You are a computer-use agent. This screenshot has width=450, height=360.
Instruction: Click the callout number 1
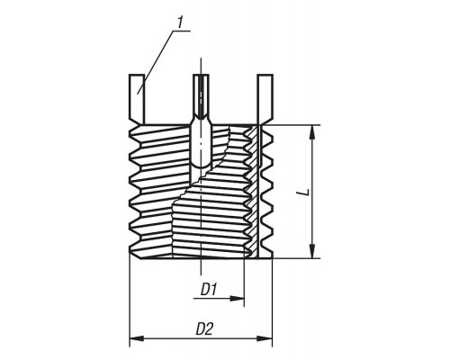click(180, 23)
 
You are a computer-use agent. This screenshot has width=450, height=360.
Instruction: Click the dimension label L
click(305, 192)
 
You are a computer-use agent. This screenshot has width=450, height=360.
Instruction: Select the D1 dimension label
click(209, 290)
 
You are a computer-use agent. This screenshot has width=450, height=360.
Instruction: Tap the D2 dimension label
click(204, 329)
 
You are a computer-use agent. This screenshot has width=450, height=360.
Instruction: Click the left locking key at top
click(137, 99)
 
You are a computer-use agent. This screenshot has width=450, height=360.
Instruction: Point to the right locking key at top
click(265, 99)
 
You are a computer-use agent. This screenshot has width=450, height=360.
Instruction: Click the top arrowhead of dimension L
click(312, 131)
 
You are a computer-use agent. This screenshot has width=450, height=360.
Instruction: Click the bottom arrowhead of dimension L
click(312, 251)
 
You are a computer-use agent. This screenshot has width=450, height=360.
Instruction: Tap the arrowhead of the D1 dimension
click(237, 299)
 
